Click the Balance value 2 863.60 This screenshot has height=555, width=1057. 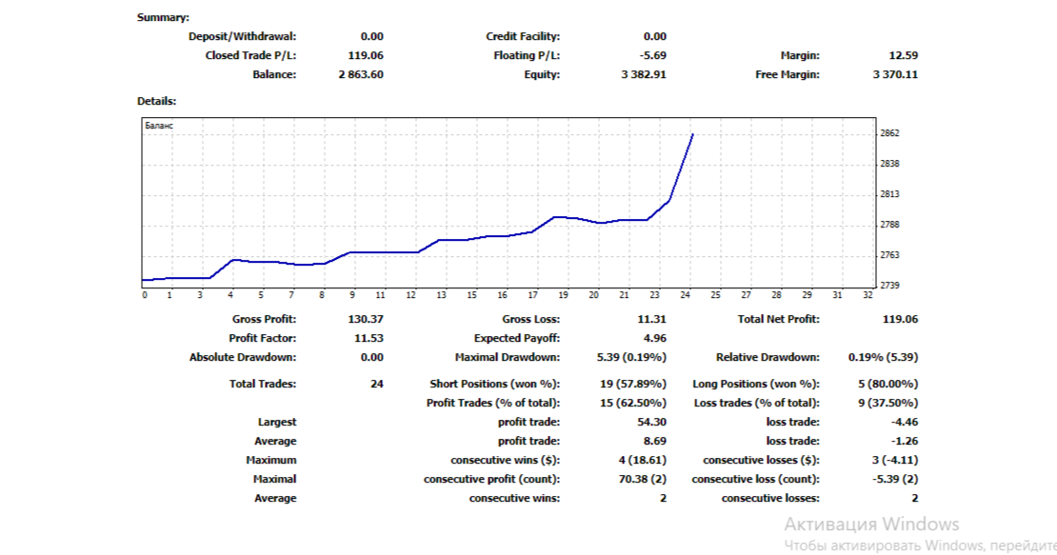click(x=360, y=74)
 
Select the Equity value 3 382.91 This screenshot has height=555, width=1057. click(x=643, y=74)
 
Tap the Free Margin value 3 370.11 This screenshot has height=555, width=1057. click(x=894, y=74)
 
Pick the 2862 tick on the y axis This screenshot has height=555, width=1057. click(x=890, y=134)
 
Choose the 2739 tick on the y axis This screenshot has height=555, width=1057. click(x=890, y=286)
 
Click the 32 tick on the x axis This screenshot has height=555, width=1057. click(x=867, y=295)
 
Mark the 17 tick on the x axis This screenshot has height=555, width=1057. click(x=533, y=295)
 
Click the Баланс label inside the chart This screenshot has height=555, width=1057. click(x=159, y=126)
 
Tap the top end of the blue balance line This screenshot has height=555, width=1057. click(x=692, y=135)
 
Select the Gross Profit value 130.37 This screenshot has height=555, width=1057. click(x=366, y=320)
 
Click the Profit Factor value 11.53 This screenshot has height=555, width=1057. click(x=369, y=339)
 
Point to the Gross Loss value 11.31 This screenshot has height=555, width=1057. click(x=652, y=320)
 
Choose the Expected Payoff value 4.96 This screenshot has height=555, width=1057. click(x=655, y=339)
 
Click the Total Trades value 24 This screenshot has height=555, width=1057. click(x=376, y=384)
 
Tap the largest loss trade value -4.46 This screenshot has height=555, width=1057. click(x=903, y=422)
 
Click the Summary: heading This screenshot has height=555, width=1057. click(x=163, y=17)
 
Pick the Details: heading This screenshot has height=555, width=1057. click(x=156, y=100)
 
